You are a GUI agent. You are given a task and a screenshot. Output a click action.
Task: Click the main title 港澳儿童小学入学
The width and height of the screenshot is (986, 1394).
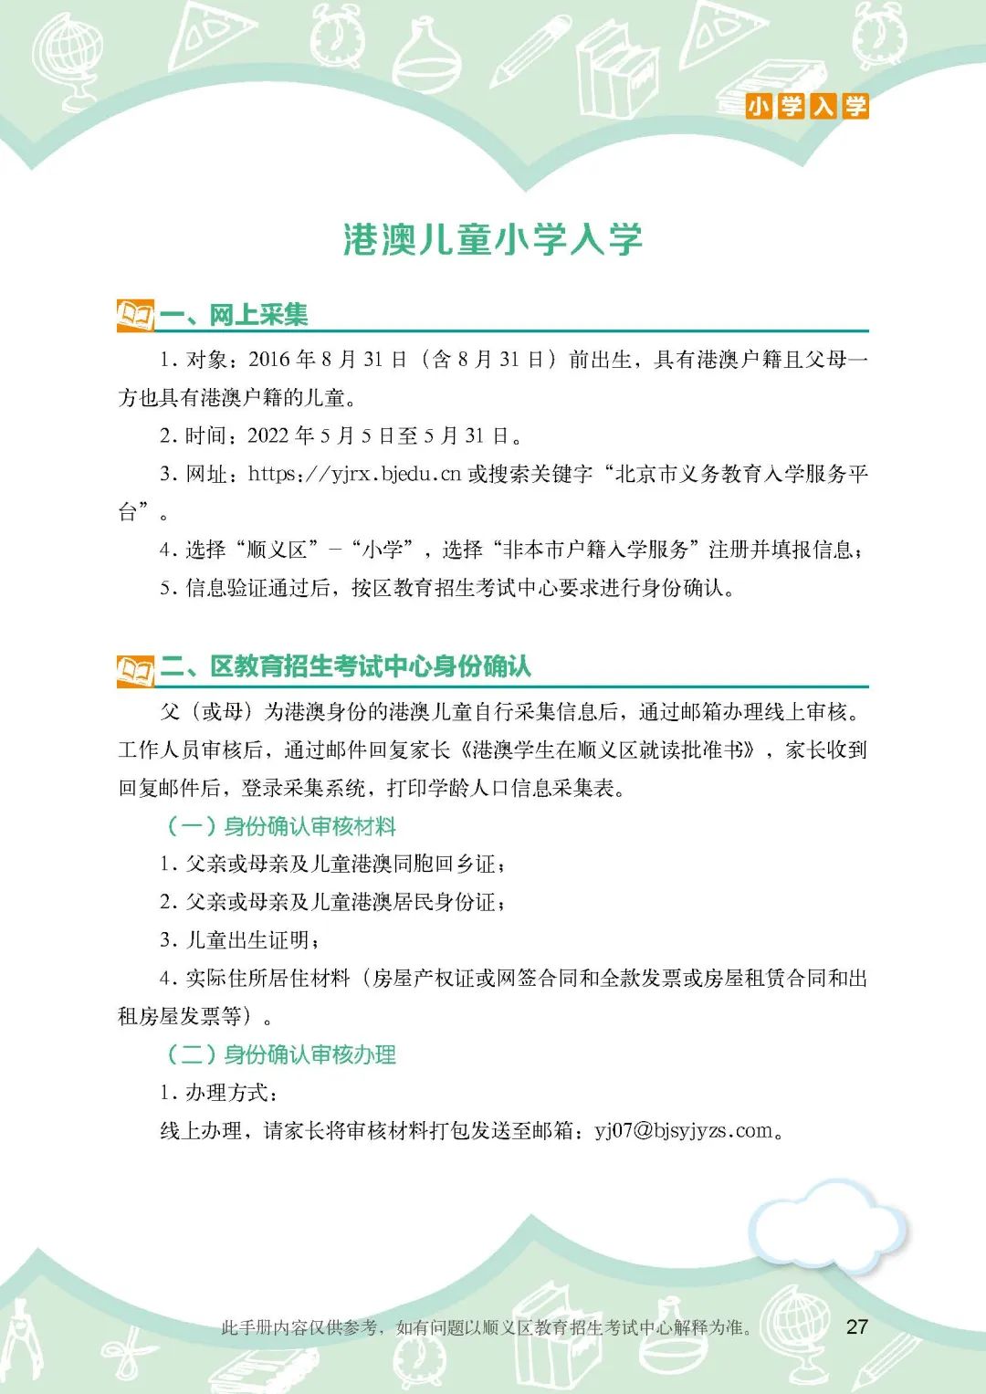[x=493, y=239]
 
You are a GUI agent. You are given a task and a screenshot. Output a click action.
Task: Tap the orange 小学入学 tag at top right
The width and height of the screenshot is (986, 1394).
[x=806, y=106]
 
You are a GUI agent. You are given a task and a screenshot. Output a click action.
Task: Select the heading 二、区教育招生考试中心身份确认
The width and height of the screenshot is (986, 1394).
[x=370, y=666]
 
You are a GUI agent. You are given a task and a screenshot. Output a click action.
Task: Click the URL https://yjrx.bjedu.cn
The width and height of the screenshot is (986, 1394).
[x=354, y=474]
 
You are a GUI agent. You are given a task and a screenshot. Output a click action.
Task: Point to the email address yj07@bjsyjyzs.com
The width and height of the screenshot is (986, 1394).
[x=684, y=1131]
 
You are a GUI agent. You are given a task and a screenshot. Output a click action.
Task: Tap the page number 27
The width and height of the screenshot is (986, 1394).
[x=856, y=1326]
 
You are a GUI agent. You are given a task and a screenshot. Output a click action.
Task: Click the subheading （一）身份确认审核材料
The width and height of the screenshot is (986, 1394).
[x=281, y=826]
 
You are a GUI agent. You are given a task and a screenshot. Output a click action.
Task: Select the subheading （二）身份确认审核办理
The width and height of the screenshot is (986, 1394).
[x=281, y=1054]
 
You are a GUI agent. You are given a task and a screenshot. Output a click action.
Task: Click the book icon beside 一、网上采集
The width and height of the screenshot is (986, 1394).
[x=135, y=316]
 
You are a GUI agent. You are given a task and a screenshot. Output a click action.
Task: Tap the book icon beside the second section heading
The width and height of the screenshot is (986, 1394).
[x=135, y=669]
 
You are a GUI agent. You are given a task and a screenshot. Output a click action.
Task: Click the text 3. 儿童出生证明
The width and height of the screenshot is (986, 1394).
[x=239, y=940]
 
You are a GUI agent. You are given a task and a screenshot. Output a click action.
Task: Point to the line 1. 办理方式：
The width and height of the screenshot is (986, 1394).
[x=219, y=1093]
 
